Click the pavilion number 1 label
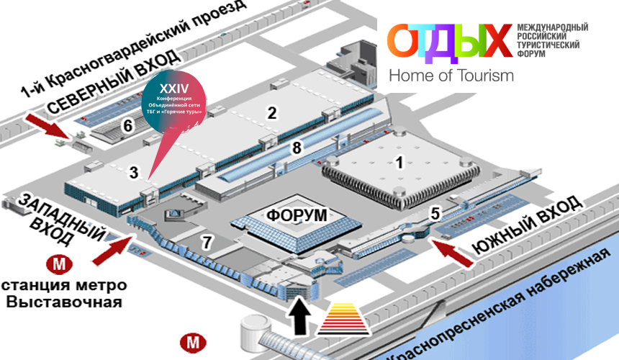pyautogui.click(x=399, y=163)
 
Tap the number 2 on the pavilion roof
pyautogui.click(x=271, y=112)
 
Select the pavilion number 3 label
pyautogui.click(x=134, y=171)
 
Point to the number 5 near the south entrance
pyautogui.click(x=435, y=212)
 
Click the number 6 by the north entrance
pyautogui.click(x=127, y=125)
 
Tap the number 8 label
pyautogui.click(x=295, y=148)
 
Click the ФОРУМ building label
pyautogui.click(x=296, y=215)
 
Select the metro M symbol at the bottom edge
pyautogui.click(x=192, y=342)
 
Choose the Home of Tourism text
pyautogui.click(x=451, y=75)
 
